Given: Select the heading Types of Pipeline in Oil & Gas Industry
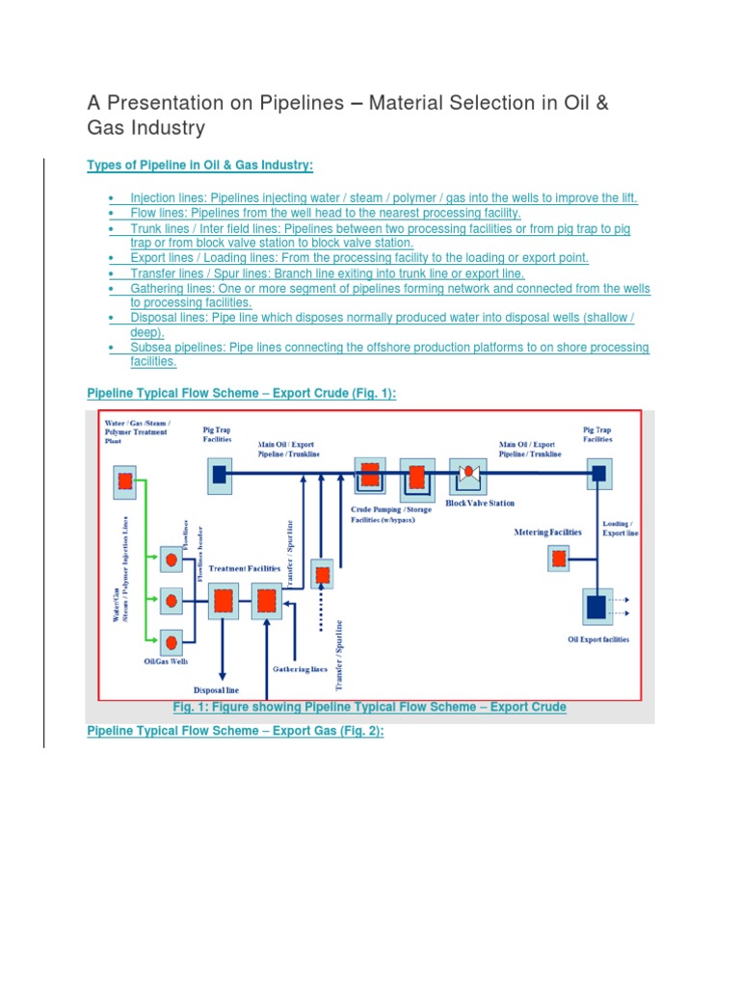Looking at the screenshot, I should click(200, 166).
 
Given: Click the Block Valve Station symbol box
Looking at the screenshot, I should click(468, 475).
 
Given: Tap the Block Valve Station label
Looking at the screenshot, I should click(480, 503).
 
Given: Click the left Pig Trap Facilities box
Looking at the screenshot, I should click(219, 473).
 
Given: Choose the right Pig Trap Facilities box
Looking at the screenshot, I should click(597, 473).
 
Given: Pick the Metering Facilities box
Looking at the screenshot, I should click(558, 557).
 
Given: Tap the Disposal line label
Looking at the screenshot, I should click(216, 689).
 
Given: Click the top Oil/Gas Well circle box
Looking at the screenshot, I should click(172, 558).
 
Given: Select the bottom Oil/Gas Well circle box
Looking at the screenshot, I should click(172, 640).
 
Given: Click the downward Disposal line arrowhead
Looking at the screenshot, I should click(224, 674).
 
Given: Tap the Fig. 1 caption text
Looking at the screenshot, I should click(369, 708).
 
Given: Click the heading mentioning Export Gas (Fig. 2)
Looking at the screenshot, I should click(235, 732).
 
